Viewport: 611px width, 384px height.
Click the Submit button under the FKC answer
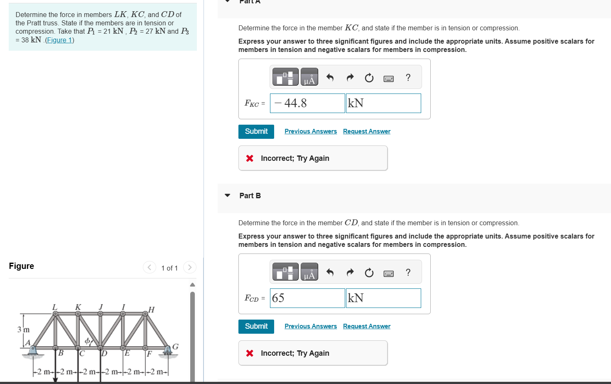coord(256,131)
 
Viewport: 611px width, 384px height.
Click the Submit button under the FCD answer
coord(256,326)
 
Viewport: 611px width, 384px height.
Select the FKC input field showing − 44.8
coord(307,103)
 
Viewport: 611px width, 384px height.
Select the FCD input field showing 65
coord(307,298)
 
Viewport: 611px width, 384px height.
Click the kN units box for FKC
coord(383,103)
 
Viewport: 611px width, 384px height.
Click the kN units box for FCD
coord(383,298)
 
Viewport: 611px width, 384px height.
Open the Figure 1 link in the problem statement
coord(59,40)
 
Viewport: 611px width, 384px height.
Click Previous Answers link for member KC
coord(310,131)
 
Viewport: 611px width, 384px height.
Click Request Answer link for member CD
coord(366,326)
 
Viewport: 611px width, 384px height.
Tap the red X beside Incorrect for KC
coord(250,158)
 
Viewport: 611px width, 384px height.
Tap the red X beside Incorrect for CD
coord(250,353)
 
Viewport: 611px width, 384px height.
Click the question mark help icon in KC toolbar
coord(408,78)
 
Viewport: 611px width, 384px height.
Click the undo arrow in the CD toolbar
coord(330,272)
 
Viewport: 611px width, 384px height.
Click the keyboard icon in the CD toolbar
coord(388,273)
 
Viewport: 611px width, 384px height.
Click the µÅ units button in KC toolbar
coord(309,77)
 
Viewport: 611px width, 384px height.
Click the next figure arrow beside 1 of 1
coord(189,267)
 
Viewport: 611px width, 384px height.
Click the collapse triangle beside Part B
coord(227,195)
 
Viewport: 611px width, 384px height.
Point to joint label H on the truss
coord(151,310)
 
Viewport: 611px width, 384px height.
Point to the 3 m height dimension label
coord(23,330)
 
